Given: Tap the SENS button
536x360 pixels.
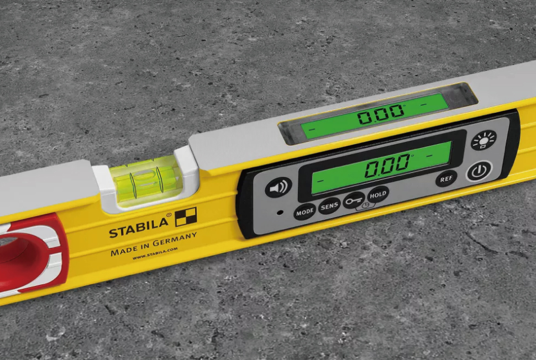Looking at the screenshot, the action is [329, 207].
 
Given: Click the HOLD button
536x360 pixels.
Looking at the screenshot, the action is [378, 195].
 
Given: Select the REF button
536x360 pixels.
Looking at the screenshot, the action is [446, 179].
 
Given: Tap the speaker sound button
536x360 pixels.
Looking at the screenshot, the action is [278, 187].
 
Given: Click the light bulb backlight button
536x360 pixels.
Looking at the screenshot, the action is [484, 140].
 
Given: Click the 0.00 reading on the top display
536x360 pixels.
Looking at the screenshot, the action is [381, 114].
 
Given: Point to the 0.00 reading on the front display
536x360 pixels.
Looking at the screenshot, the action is [387, 165].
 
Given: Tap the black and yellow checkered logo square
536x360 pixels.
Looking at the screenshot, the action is [186, 217].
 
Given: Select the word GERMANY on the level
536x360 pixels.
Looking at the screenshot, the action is [175, 240].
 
